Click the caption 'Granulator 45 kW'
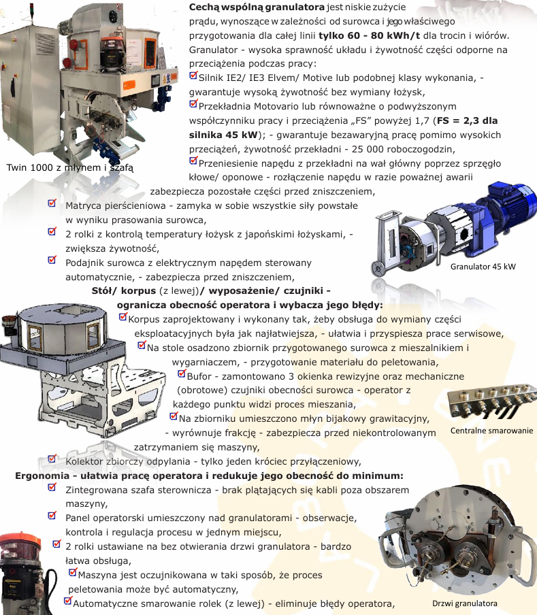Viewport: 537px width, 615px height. pyautogui.click(x=483, y=267)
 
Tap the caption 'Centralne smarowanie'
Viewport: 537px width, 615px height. pyautogui.click(x=491, y=431)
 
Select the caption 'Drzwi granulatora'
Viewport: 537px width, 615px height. pyautogui.click(x=464, y=603)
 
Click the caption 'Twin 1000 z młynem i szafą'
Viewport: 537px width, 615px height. pyautogui.click(x=70, y=168)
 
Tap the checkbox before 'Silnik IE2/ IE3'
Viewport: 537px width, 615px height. pyautogui.click(x=193, y=76)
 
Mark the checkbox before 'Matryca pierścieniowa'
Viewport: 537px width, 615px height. pyautogui.click(x=52, y=203)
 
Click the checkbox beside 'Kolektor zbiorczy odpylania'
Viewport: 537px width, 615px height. pyautogui.click(x=52, y=459)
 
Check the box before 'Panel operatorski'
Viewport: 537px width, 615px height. pyautogui.click(x=52, y=516)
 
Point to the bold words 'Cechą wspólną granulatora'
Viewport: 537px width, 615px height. pyautogui.click(x=257, y=7)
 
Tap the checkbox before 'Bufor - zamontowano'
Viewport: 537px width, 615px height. pyautogui.click(x=182, y=373)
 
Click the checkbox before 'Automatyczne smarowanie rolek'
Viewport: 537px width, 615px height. pyautogui.click(x=68, y=601)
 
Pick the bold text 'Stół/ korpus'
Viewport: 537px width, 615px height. pyautogui.click(x=124, y=291)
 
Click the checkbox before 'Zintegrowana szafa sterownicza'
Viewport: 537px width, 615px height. pyautogui.click(x=52, y=487)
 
